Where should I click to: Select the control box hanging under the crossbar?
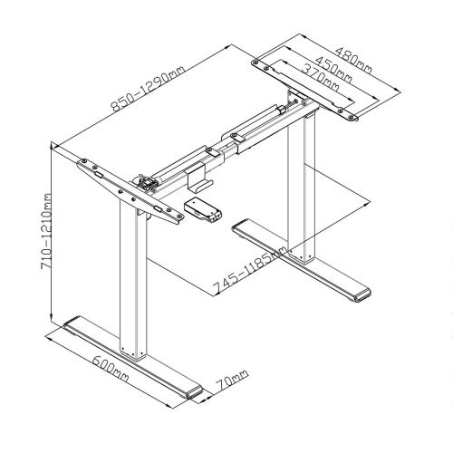[204, 208]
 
